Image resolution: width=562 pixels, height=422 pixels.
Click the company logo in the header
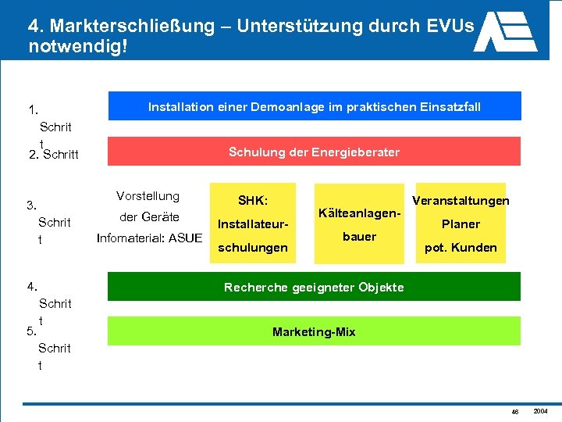(x=505, y=30)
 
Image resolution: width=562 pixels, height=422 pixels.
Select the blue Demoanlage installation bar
(x=314, y=107)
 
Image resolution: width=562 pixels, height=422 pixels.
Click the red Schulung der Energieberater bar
(x=314, y=152)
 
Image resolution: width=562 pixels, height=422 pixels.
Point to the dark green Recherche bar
(x=314, y=287)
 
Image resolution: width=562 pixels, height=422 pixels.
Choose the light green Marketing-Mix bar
(x=314, y=332)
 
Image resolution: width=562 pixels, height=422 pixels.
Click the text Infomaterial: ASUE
(x=149, y=238)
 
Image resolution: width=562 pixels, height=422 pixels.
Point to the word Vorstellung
(x=148, y=196)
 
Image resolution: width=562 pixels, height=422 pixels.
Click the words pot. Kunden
(x=460, y=248)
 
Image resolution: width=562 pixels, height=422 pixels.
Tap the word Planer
(x=461, y=224)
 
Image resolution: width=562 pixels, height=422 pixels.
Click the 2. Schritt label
(x=53, y=155)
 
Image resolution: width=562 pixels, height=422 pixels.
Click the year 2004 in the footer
(x=540, y=410)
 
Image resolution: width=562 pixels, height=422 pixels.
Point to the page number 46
(x=515, y=411)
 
